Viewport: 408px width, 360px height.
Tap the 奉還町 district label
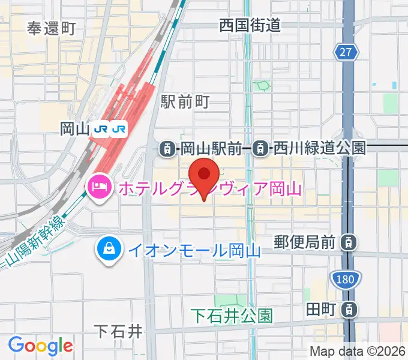pyautogui.click(x=52, y=28)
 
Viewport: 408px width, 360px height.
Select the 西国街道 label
pyautogui.click(x=250, y=25)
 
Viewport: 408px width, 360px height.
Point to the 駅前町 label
pyautogui.click(x=185, y=102)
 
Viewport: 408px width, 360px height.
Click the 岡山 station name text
pyautogui.click(x=75, y=129)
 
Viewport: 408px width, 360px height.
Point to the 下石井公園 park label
pyautogui.click(x=232, y=314)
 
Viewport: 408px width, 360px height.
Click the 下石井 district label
pyautogui.click(x=119, y=331)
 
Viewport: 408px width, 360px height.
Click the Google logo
pyautogui.click(x=40, y=345)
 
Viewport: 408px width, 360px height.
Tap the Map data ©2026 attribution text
pyautogui.click(x=357, y=351)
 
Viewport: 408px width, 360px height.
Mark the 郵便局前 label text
pyautogui.click(x=305, y=242)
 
